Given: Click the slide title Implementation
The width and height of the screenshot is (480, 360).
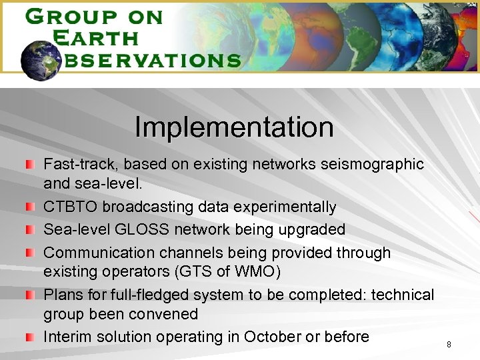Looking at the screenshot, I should click(x=234, y=127).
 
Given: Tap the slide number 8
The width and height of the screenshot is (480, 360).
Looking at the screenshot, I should click(x=449, y=345).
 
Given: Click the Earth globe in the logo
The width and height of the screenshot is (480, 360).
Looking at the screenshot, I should click(x=41, y=59).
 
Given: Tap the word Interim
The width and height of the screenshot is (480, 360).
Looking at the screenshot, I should click(x=69, y=337).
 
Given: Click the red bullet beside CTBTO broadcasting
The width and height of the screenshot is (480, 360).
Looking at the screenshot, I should click(x=29, y=207).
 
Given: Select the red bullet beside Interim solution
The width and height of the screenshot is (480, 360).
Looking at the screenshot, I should click(x=29, y=337).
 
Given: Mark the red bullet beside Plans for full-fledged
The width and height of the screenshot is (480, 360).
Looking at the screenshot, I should click(x=29, y=295).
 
